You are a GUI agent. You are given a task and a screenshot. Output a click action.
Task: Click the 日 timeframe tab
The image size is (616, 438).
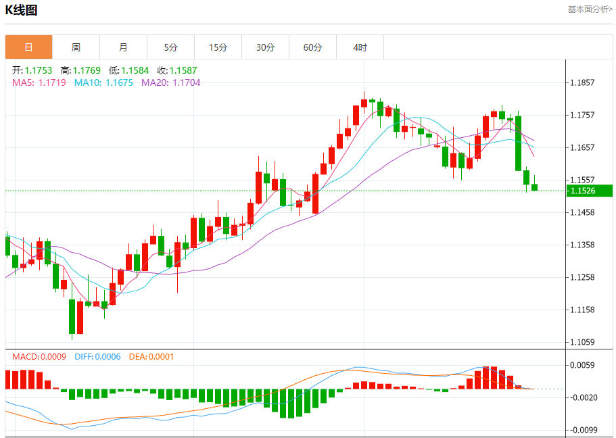28,47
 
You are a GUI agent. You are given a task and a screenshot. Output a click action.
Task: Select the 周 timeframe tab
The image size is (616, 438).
76,47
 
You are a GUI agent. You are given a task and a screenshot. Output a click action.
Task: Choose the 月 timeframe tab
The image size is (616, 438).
123,47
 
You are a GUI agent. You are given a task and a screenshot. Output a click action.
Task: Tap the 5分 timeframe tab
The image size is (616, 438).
170,47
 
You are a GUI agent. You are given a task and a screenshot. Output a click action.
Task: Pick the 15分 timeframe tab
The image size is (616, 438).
218,47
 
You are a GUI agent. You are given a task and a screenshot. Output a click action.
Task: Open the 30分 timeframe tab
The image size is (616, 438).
265,47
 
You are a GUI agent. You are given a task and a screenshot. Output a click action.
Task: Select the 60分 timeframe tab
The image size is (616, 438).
312,47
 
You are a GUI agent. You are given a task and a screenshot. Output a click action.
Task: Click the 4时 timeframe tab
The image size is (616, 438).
360,47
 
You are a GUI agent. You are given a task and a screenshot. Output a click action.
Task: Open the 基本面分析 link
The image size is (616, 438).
590,9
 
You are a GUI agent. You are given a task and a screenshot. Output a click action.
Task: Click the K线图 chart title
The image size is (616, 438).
21,9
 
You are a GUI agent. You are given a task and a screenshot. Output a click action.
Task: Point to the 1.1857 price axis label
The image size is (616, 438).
582,82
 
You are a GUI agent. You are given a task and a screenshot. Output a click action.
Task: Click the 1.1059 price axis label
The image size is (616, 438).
582,342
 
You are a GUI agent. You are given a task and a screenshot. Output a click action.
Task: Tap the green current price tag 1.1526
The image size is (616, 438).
582,191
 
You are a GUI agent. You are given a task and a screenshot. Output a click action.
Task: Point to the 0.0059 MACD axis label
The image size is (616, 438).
582,365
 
